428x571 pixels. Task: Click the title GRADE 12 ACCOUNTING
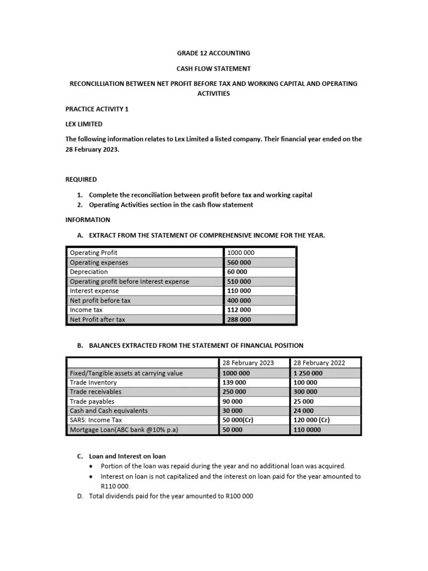[x=213, y=53]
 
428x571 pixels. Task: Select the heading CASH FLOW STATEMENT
[x=213, y=69]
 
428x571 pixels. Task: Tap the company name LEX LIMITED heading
[x=84, y=124]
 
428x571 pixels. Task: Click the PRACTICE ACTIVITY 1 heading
[x=97, y=109]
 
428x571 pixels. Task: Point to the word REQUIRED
[x=81, y=180]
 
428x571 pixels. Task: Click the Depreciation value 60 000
[x=237, y=272]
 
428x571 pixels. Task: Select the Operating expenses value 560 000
[x=239, y=262]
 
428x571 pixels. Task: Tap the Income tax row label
[x=86, y=309]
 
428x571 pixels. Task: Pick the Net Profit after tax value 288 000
[x=239, y=320]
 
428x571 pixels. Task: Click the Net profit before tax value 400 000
[x=239, y=300]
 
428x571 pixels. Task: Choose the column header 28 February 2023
[x=248, y=362]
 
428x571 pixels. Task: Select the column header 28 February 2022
[x=319, y=362]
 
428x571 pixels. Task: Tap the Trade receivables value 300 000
[x=305, y=392]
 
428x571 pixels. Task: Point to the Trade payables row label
[x=92, y=401]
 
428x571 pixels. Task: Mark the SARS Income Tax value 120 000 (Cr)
[x=312, y=420]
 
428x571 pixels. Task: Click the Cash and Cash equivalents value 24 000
[x=303, y=410]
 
